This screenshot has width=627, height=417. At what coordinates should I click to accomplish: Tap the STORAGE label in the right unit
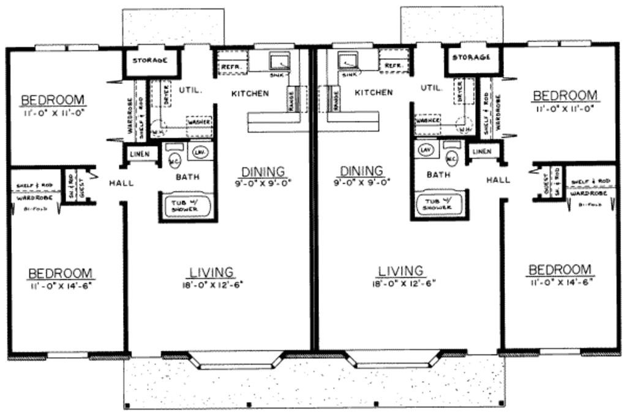(x=471, y=58)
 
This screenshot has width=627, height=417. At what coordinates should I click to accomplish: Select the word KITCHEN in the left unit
(x=250, y=94)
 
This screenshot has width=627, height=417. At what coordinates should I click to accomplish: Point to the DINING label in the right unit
(x=361, y=171)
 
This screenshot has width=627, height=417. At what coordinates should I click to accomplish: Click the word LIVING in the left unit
(x=211, y=272)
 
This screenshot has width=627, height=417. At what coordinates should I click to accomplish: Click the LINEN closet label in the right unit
(x=482, y=151)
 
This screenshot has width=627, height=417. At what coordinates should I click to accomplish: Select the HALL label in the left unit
(x=121, y=182)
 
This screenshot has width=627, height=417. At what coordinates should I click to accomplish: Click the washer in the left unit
(x=200, y=122)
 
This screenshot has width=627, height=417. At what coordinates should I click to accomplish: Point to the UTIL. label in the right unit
(x=431, y=88)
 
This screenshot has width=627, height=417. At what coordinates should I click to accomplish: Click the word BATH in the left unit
(x=187, y=178)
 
